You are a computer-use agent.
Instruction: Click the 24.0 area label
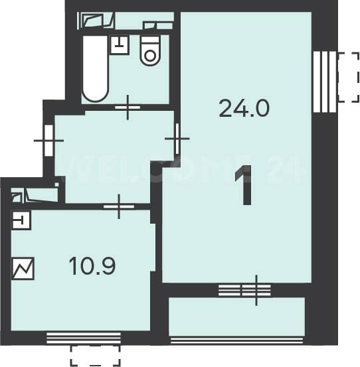coord(244,108)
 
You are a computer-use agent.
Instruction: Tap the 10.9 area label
coord(92,266)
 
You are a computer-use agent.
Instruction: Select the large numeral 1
coord(244,185)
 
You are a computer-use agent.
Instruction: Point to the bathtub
coord(96,68)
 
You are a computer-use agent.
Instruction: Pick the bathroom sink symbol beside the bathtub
coord(120,45)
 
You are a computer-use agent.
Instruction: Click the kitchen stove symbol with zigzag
coord(23,268)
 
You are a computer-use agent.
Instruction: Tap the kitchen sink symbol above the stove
coord(21,220)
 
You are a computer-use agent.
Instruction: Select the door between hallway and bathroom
coord(128,108)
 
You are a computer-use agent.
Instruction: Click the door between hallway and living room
coord(177,139)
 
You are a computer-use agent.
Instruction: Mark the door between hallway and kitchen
coord(119,206)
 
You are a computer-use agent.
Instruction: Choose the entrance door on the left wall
coord(48,141)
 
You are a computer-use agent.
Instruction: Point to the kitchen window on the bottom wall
coord(84,338)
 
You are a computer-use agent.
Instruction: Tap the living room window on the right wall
coord(325,82)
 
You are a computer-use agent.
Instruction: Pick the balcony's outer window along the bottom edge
coord(237,340)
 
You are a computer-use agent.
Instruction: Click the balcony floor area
coord(236,317)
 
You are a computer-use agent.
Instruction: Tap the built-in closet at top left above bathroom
coord(96,21)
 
